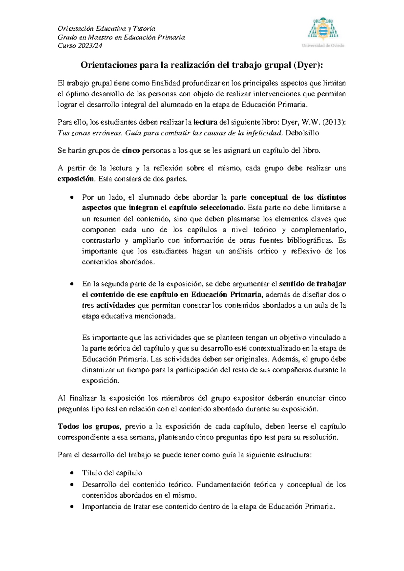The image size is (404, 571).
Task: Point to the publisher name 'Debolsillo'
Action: click(x=302, y=133)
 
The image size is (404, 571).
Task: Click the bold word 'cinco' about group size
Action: click(x=131, y=151)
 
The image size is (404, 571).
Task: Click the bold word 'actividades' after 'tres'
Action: click(x=115, y=305)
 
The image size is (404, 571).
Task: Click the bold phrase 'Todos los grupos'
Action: click(x=88, y=427)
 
